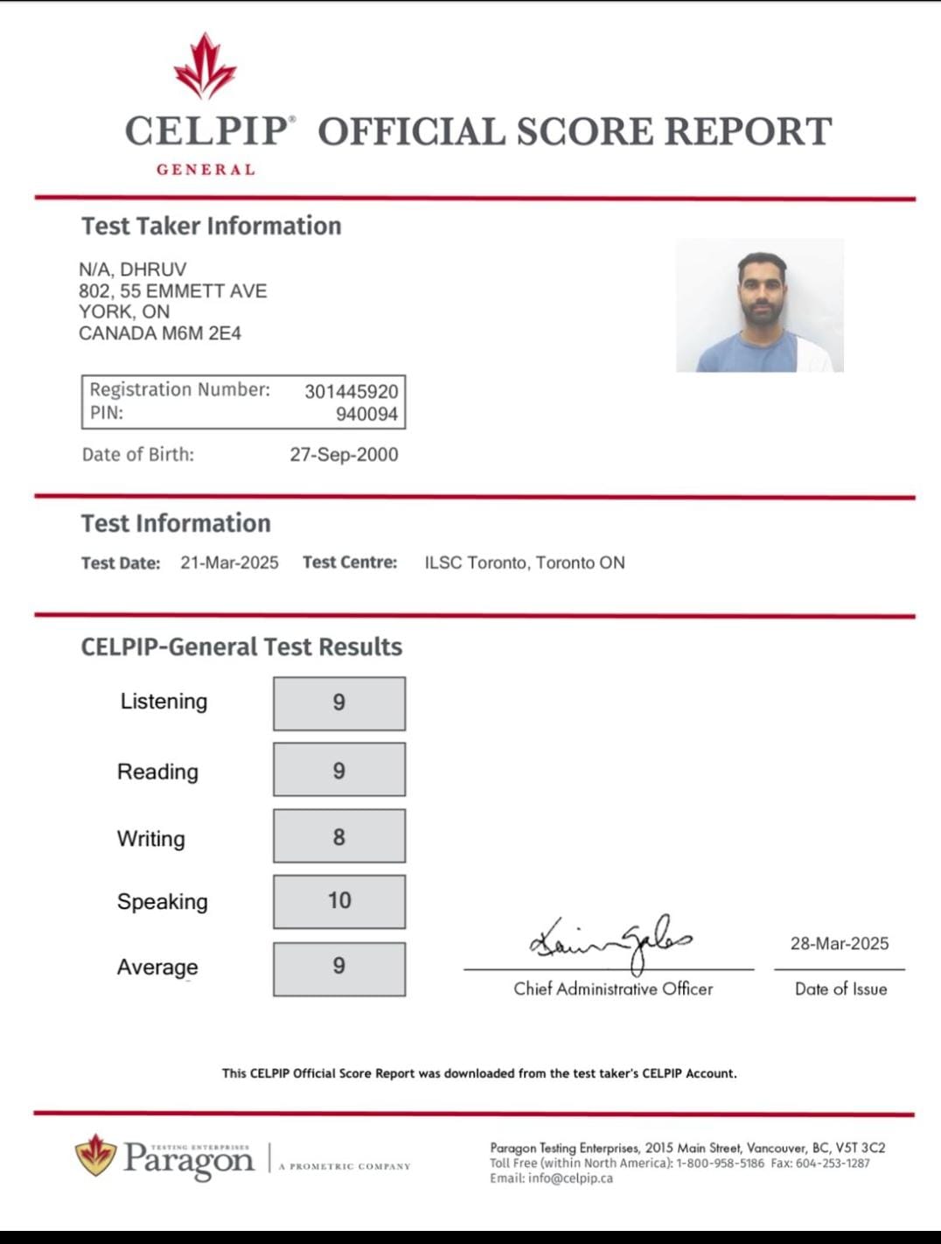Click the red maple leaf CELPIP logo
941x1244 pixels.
(206, 66)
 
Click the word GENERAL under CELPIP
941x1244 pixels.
(206, 170)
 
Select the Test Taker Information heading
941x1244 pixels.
(212, 226)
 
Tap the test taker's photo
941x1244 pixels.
(759, 305)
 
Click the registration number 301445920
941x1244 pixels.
(351, 391)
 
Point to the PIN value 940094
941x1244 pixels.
(366, 414)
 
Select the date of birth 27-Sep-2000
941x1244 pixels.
(344, 455)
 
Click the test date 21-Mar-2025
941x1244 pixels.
(229, 563)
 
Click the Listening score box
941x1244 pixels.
(339, 702)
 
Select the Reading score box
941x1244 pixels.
(339, 770)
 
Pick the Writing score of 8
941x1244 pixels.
(339, 837)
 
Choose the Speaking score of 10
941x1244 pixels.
(339, 901)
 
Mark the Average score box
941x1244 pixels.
(339, 967)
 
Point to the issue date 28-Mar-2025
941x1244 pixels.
(840, 944)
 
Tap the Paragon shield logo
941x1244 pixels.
(96, 1156)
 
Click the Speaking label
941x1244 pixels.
(163, 902)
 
